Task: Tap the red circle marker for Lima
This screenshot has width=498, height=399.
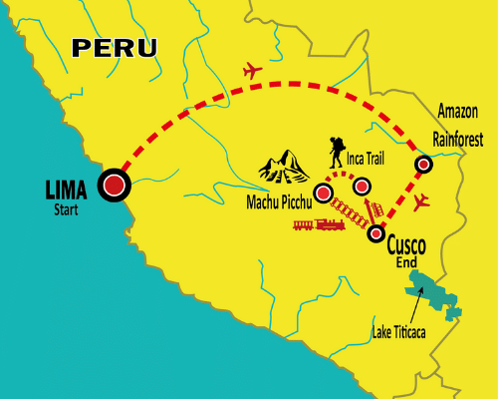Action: coord(115,185)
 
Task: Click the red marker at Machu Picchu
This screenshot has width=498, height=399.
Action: coord(323,193)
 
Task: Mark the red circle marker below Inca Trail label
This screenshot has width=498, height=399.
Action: coord(363,186)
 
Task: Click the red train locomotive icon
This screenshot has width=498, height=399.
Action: coord(317,224)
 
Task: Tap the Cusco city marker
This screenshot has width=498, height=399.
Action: coord(375,234)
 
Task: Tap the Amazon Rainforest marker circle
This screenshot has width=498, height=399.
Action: coord(423,164)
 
